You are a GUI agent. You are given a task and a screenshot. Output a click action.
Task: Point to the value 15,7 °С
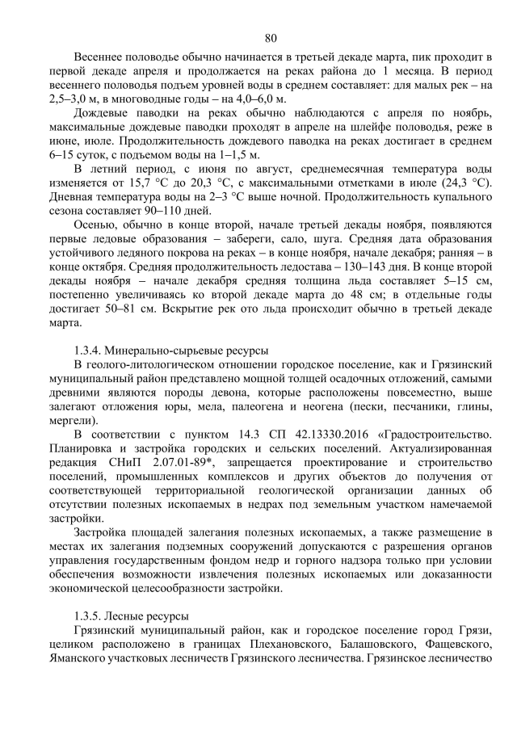pyautogui.click(x=156, y=183)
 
